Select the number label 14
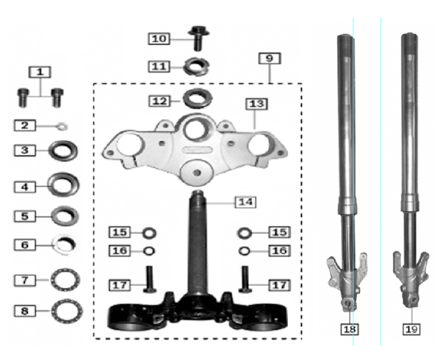[245, 201]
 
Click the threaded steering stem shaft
[197, 242]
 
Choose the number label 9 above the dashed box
[270, 57]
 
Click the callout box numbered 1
[40, 72]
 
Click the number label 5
[26, 217]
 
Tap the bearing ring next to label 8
[67, 311]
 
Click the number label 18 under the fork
[350, 329]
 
